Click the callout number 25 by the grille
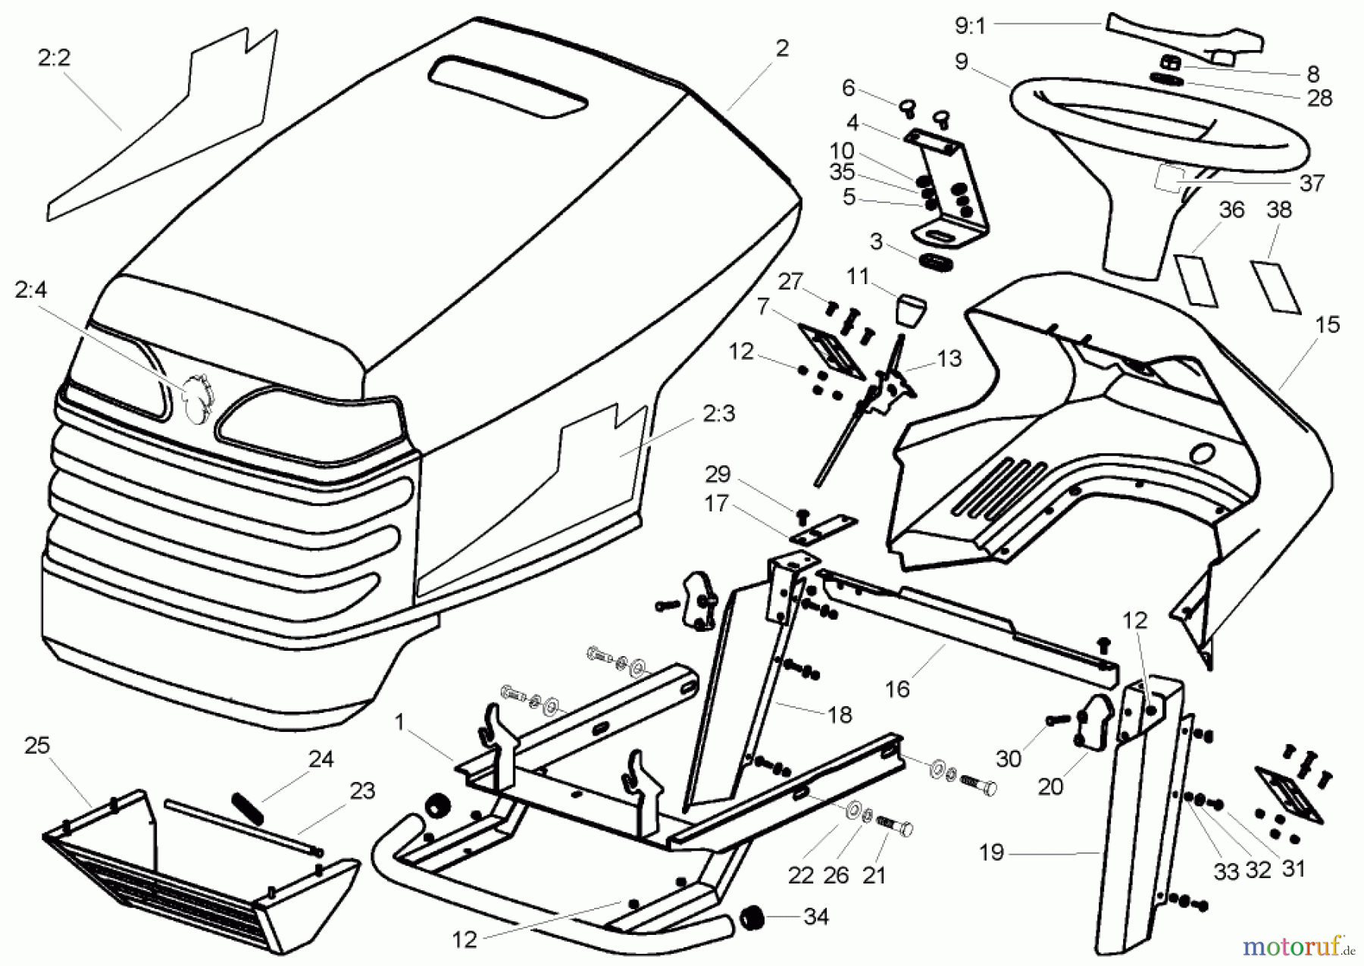[36, 746]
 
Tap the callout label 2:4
[30, 290]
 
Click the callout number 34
[816, 917]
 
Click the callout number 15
[1328, 325]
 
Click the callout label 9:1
[969, 27]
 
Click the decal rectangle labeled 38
[1275, 286]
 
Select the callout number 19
[991, 852]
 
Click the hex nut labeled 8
[1172, 63]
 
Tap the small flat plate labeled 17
[824, 529]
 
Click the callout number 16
[897, 689]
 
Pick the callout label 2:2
[54, 58]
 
